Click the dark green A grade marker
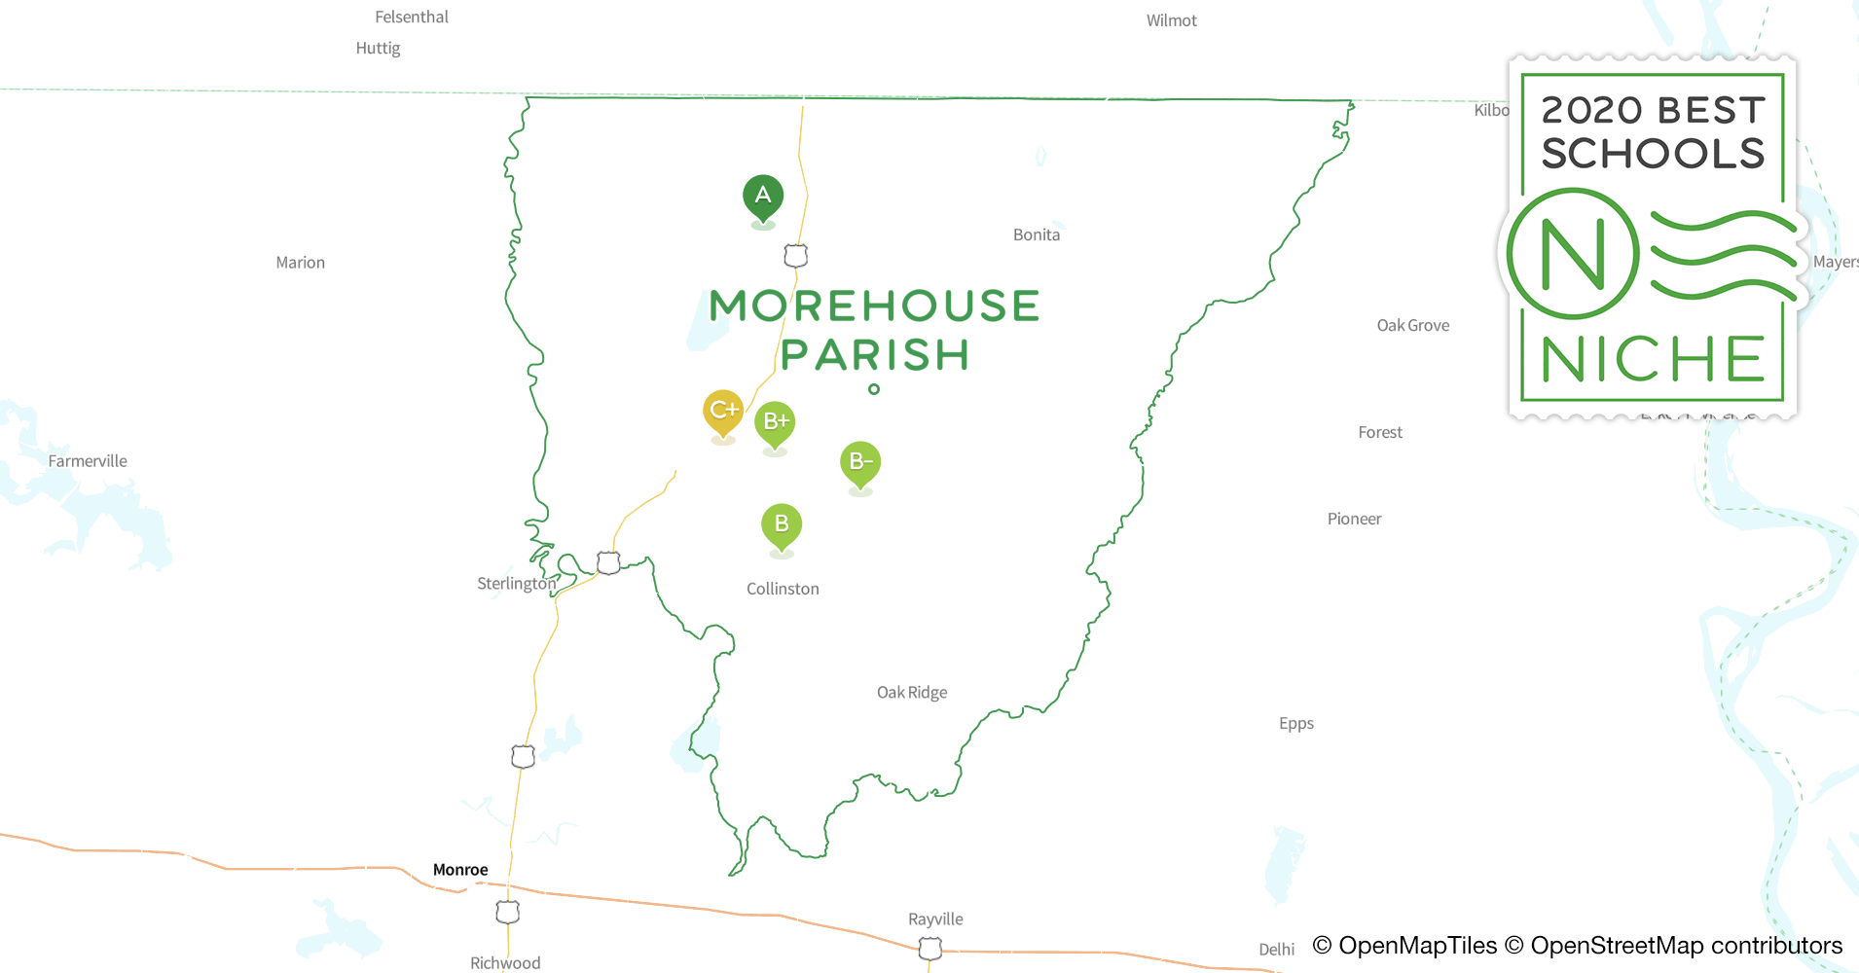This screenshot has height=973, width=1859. [763, 196]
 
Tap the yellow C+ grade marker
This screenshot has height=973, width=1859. [723, 411]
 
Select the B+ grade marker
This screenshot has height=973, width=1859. [776, 422]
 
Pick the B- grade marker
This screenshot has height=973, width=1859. [860, 462]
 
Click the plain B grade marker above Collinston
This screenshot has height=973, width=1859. [782, 524]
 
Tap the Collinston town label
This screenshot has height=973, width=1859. [783, 589]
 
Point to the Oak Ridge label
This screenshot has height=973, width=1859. [912, 693]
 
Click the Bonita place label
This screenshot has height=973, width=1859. [1037, 234]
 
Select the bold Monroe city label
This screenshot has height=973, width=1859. [460, 870]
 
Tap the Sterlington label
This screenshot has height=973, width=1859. [516, 584]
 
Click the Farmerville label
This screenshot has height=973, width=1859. [88, 461]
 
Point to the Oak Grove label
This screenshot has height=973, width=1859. [1412, 325]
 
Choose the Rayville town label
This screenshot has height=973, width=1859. [935, 919]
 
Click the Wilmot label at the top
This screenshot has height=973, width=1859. [1171, 20]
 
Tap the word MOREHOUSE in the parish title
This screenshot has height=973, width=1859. [874, 306]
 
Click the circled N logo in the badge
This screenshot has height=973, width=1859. [1573, 254]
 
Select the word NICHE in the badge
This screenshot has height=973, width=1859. [1652, 360]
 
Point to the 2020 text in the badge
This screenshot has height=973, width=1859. [1592, 111]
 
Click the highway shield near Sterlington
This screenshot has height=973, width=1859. [608, 563]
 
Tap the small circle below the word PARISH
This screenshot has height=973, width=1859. [874, 389]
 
